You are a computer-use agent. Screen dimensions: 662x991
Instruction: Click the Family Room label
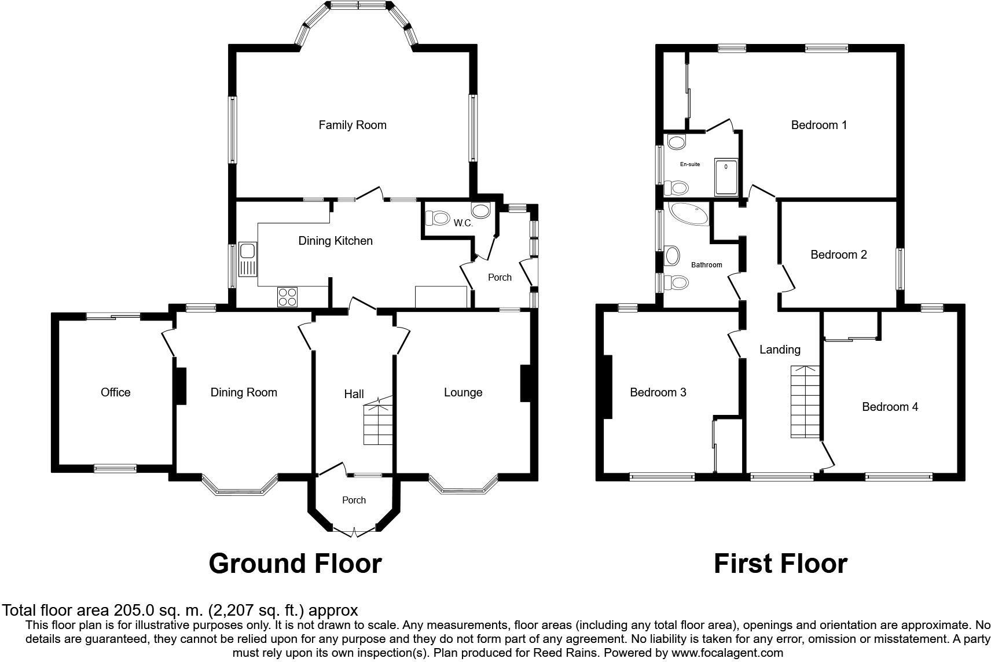pyautogui.click(x=352, y=125)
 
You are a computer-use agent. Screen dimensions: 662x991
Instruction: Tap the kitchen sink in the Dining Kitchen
pyautogui.click(x=248, y=260)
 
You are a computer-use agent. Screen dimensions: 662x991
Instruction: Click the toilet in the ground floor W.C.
pyautogui.click(x=438, y=218)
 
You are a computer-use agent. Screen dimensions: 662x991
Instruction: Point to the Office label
pyautogui.click(x=115, y=392)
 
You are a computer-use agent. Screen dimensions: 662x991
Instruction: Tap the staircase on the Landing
pyautogui.click(x=805, y=402)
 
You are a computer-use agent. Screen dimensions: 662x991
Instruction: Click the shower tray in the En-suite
pyautogui.click(x=726, y=176)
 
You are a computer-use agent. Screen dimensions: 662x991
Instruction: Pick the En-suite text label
pyautogui.click(x=689, y=164)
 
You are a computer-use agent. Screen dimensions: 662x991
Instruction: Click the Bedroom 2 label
pyautogui.click(x=838, y=255)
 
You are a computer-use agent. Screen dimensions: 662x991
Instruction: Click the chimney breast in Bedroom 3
pyautogui.click(x=607, y=386)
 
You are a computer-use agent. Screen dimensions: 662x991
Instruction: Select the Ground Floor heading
pyautogui.click(x=295, y=563)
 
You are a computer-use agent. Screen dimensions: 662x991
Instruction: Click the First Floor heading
pyautogui.click(x=780, y=563)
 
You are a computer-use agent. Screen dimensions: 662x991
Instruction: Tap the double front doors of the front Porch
pyautogui.click(x=354, y=532)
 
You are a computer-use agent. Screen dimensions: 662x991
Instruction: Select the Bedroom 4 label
pyautogui.click(x=890, y=407)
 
